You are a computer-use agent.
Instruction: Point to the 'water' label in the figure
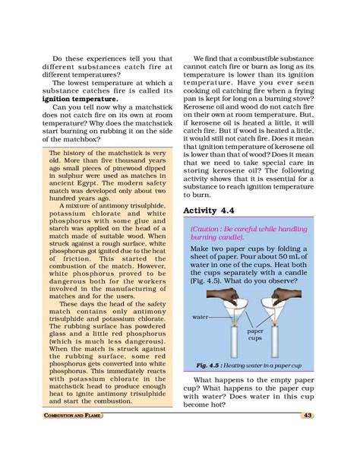pos(201,315)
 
